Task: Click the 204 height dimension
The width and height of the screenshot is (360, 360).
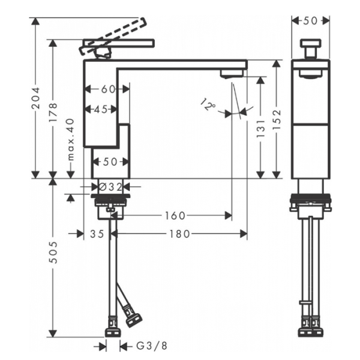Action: pyautogui.click(x=35, y=98)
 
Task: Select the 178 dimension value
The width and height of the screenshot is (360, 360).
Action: pyautogui.click(x=53, y=113)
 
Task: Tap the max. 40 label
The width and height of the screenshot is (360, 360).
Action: pyautogui.click(x=71, y=139)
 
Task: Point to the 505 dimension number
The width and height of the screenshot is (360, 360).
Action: pyautogui.click(x=53, y=252)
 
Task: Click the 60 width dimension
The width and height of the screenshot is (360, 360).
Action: pyautogui.click(x=108, y=89)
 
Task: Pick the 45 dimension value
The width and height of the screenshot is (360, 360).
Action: pyautogui.click(x=101, y=110)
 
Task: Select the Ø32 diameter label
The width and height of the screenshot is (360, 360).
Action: pyautogui.click(x=110, y=187)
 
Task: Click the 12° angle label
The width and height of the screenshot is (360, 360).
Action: pyautogui.click(x=208, y=104)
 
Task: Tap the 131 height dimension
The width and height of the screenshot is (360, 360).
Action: pyautogui.click(x=260, y=128)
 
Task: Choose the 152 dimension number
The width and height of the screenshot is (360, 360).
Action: pyautogui.click(x=277, y=119)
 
